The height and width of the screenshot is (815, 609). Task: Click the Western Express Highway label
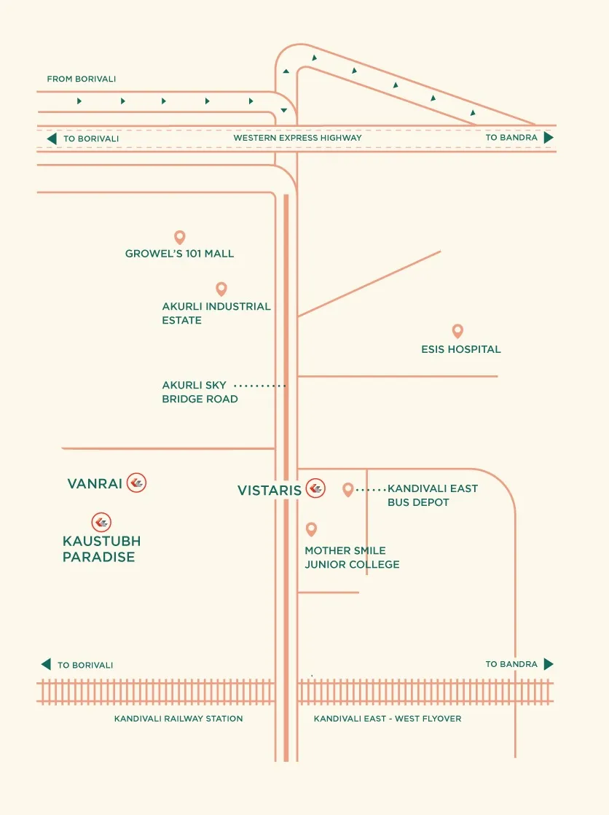click(297, 138)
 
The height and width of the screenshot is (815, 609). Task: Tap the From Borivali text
click(81, 79)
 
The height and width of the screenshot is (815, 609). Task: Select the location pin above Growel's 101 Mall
click(180, 237)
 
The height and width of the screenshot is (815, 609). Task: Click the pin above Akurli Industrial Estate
click(221, 289)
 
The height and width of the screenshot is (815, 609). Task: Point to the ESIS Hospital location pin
click(457, 330)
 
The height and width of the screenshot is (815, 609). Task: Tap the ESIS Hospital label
click(461, 349)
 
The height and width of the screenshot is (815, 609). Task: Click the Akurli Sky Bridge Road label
click(200, 392)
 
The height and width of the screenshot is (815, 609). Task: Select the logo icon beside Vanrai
click(137, 483)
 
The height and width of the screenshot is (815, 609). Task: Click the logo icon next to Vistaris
click(315, 488)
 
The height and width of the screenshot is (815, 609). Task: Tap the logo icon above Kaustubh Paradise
click(101, 523)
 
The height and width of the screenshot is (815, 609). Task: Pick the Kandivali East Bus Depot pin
click(348, 489)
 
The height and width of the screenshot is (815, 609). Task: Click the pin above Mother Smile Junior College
click(311, 529)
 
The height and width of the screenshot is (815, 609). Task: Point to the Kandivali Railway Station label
click(178, 719)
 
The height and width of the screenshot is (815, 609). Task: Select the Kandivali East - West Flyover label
click(388, 719)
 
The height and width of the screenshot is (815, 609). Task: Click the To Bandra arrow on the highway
click(549, 138)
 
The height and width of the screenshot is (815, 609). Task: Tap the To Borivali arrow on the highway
click(52, 139)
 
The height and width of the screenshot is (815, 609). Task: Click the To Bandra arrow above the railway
click(549, 664)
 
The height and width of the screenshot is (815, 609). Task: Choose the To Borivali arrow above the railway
click(46, 664)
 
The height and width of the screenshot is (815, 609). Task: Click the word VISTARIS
click(269, 490)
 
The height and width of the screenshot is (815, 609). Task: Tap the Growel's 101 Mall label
click(179, 254)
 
